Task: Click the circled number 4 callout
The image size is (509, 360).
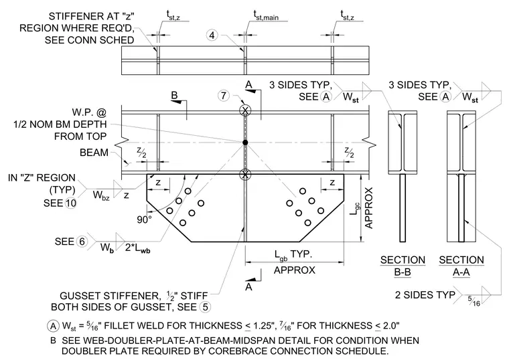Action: click(x=212, y=35)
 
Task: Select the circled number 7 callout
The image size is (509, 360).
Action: click(x=223, y=96)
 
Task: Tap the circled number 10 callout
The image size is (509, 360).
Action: click(x=70, y=203)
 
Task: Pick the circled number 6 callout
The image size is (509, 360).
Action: click(x=82, y=242)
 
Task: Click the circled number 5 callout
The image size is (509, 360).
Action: click(x=205, y=306)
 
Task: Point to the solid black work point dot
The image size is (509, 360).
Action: click(x=245, y=143)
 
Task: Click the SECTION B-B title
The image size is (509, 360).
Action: click(x=403, y=266)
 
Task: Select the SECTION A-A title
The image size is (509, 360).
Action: click(x=461, y=266)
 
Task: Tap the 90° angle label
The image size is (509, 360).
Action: click(x=144, y=219)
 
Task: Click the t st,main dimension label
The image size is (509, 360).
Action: click(x=266, y=15)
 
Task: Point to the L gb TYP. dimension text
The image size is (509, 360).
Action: click(x=293, y=254)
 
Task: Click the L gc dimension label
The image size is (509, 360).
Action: click(x=355, y=209)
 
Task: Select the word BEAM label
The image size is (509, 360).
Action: click(x=94, y=153)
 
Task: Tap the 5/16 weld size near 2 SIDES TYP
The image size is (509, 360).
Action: click(x=474, y=300)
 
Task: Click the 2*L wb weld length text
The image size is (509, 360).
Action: click(x=138, y=248)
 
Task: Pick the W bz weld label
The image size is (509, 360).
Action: click(x=101, y=195)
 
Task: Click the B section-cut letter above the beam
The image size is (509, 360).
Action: click(x=174, y=95)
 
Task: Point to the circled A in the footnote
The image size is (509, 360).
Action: click(x=53, y=326)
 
